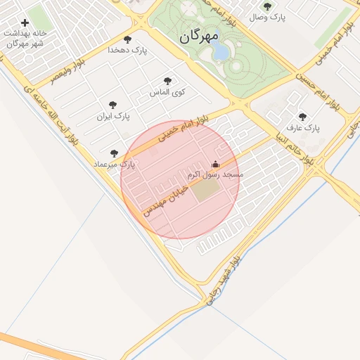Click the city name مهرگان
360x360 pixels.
(x=199, y=36)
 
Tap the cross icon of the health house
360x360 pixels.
(x=25, y=23)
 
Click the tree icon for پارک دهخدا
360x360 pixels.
(x=127, y=39)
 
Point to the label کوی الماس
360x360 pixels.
(x=167, y=92)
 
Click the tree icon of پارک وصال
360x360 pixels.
(x=267, y=6)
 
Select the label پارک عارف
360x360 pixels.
(x=303, y=129)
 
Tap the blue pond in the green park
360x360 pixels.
(x=221, y=51)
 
